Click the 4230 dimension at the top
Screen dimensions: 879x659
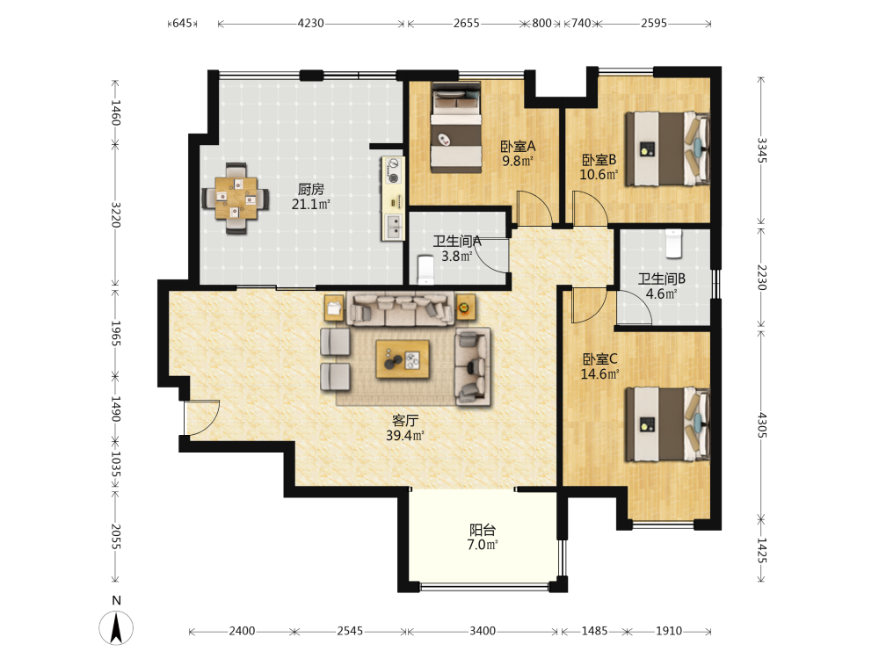pyautogui.click(x=310, y=23)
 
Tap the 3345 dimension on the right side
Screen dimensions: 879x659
pyautogui.click(x=761, y=150)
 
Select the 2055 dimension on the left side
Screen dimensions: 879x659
pyautogui.click(x=115, y=537)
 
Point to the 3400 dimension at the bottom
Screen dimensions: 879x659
pyautogui.click(x=482, y=631)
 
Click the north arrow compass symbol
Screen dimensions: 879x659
pyautogui.click(x=116, y=627)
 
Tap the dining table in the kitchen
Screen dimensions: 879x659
pyautogui.click(x=236, y=198)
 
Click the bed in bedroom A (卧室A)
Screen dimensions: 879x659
pyautogui.click(x=456, y=127)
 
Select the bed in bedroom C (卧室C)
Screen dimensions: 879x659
pyautogui.click(x=668, y=424)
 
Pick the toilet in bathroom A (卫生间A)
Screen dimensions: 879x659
pyautogui.click(x=426, y=270)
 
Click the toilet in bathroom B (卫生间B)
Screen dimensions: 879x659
pyautogui.click(x=673, y=243)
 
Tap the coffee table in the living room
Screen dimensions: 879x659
pyautogui.click(x=403, y=359)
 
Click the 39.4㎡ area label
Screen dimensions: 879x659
pyautogui.click(x=404, y=436)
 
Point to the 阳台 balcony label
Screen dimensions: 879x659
pyautogui.click(x=482, y=530)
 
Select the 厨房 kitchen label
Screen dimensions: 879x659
pyautogui.click(x=310, y=190)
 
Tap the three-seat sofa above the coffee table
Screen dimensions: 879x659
pyautogui.click(x=400, y=308)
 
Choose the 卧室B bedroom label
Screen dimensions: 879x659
pyautogui.click(x=599, y=160)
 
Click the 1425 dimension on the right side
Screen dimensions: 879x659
pyautogui.click(x=761, y=550)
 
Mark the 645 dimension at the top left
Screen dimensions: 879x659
pyautogui.click(x=182, y=23)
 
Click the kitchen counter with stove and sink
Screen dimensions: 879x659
pyautogui.click(x=393, y=199)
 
